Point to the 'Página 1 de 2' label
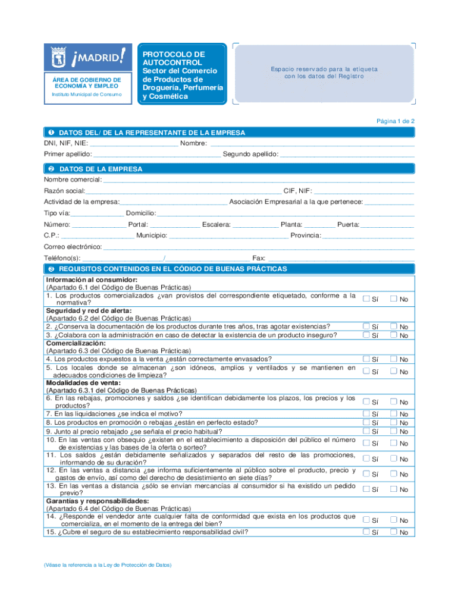click(396, 121)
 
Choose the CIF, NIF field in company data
click(363, 191)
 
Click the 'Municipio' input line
click(228, 236)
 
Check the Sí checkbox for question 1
click(366, 299)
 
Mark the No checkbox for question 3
click(393, 335)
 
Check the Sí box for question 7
click(366, 413)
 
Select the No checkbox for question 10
click(393, 443)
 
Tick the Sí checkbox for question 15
click(366, 532)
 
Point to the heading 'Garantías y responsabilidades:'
click(90, 501)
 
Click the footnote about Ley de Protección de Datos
click(108, 565)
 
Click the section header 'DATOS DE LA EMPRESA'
click(101, 169)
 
